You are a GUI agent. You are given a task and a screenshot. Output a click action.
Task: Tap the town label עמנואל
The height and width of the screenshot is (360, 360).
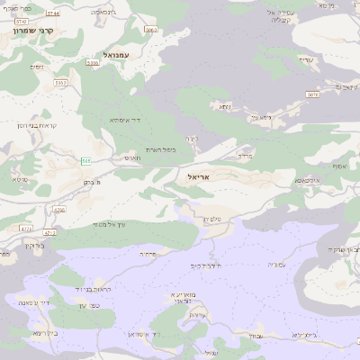point(118,55)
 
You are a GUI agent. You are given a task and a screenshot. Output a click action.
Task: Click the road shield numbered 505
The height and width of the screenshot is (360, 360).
point(85,161)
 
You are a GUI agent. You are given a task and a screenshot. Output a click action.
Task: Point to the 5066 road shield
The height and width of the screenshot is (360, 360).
point(150,30)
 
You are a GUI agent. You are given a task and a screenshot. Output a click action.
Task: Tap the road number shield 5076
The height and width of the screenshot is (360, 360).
point(312,94)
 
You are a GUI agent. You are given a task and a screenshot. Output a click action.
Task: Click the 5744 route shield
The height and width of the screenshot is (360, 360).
point(52,13)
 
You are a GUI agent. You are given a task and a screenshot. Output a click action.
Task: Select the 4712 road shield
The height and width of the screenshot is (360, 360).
point(50,232)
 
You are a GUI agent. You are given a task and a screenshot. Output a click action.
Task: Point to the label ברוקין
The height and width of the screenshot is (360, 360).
point(33,245)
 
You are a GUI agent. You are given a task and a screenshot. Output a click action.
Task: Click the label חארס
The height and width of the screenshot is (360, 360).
point(133,158)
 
